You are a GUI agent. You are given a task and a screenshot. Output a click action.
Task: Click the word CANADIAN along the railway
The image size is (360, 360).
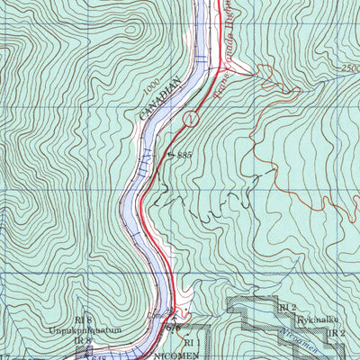(160, 99)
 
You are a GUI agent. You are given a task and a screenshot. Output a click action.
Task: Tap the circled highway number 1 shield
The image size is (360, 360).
(190, 118)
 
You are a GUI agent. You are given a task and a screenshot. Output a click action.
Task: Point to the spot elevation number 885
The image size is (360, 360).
(184, 156)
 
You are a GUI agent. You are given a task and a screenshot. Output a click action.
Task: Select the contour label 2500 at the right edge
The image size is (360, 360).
(350, 68)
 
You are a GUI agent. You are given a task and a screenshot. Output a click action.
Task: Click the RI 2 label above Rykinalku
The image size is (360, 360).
(286, 308)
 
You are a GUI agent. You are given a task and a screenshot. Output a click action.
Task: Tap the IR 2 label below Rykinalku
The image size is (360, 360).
(336, 333)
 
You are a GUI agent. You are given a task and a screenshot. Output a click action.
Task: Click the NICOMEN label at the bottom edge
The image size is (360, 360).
(186, 355)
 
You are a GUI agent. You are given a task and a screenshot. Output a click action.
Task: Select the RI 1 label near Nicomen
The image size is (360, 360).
(190, 343)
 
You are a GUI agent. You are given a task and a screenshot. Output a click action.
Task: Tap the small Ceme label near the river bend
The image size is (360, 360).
(157, 315)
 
